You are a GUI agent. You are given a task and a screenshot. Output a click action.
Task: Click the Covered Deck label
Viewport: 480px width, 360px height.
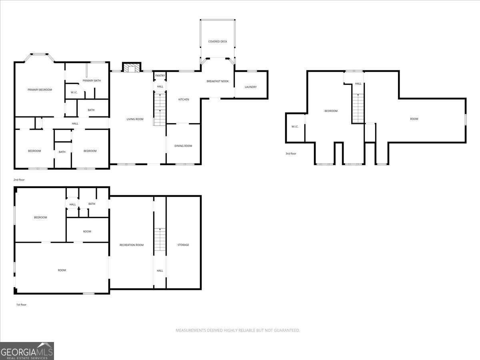pyautogui.click(x=218, y=42)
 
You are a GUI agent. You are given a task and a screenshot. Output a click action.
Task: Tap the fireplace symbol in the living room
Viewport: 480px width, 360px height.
pyautogui.click(x=131, y=68)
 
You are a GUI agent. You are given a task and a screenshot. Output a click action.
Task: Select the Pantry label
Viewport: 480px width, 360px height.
pyautogui.click(x=160, y=76)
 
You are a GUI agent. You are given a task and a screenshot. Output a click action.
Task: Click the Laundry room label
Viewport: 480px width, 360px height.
pyautogui.click(x=251, y=87)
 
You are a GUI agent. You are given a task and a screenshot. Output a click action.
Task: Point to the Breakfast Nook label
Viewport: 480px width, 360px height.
pyautogui.click(x=218, y=81)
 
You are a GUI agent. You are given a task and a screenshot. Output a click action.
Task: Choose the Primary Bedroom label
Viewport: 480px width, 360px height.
pyautogui.click(x=40, y=90)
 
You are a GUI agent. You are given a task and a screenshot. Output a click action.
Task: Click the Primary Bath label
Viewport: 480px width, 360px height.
pyautogui.click(x=92, y=81)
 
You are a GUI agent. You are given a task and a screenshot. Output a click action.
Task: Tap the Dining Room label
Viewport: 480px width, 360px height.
pyautogui.click(x=183, y=146)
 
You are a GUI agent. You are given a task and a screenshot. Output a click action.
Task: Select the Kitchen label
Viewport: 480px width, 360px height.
pyautogui.click(x=184, y=100)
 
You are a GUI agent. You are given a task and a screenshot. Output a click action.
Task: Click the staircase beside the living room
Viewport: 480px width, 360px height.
pyautogui.click(x=160, y=109)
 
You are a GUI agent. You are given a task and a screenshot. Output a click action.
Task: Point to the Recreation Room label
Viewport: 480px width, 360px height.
pyautogui.click(x=131, y=245)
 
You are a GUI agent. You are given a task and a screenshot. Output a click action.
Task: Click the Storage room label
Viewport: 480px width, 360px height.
pyautogui.click(x=183, y=245)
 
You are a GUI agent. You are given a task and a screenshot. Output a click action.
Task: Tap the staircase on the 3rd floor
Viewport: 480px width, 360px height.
pyautogui.click(x=358, y=108)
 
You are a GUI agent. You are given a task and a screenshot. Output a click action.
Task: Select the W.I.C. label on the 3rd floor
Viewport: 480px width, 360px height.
pyautogui.click(x=295, y=127)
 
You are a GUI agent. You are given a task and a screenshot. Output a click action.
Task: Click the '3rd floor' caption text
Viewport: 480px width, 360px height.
pyautogui.click(x=291, y=154)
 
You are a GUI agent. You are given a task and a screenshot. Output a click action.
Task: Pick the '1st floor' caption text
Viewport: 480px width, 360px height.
pyautogui.click(x=21, y=305)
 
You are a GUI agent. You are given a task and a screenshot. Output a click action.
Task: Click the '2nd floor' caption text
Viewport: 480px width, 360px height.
pyautogui.click(x=19, y=180)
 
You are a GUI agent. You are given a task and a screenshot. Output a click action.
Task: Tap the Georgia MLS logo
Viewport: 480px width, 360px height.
pyautogui.click(x=27, y=351)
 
